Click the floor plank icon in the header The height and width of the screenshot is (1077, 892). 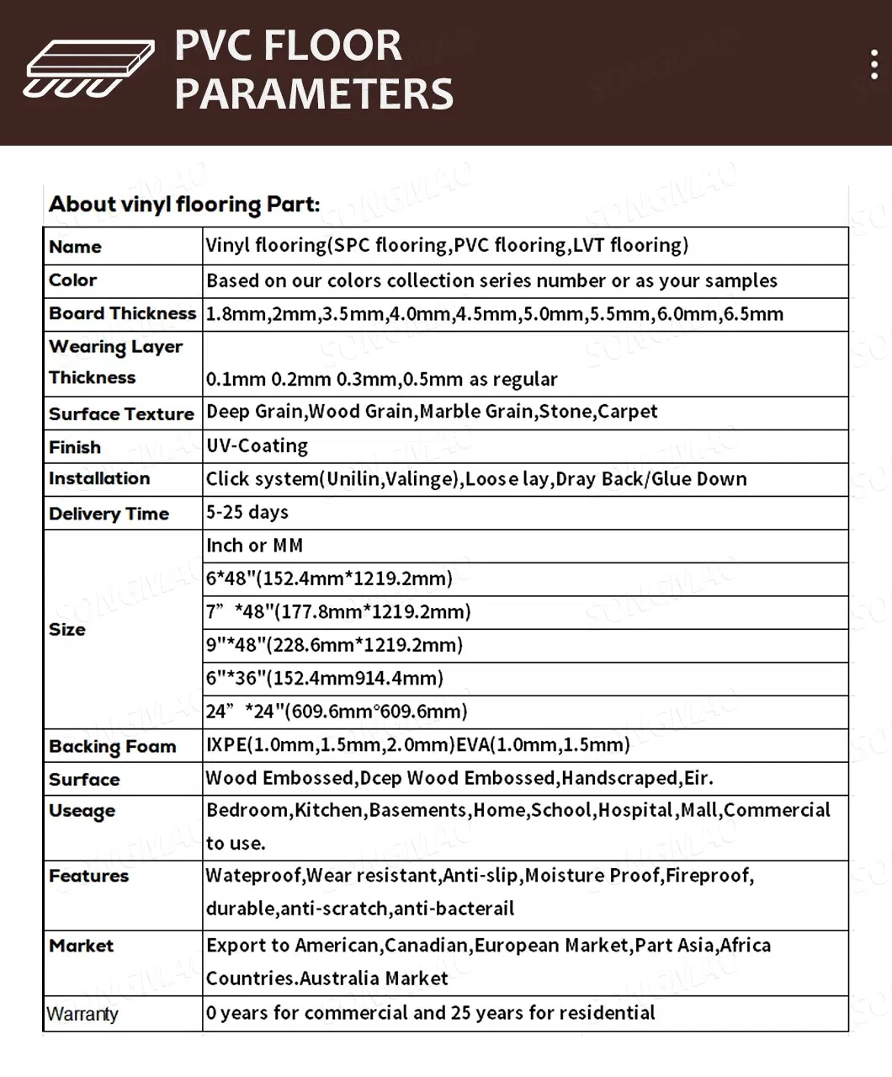pos(88,67)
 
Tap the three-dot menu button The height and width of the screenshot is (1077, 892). pos(874,65)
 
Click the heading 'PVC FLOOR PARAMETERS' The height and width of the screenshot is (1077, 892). pos(313,69)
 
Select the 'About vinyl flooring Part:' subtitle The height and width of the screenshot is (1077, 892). pos(184,204)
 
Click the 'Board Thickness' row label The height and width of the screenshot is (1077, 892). pos(122,313)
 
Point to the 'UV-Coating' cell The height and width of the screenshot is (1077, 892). pos(257,445)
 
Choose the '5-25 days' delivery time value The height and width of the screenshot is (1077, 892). pos(247,512)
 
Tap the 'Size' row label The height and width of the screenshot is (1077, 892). pos(67,629)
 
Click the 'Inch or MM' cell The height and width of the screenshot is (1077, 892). pos(254,546)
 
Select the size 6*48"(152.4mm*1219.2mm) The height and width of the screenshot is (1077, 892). pos(329,578)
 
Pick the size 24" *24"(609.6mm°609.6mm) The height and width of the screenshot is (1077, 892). pos(337,712)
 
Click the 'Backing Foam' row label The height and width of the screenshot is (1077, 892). pos(112,746)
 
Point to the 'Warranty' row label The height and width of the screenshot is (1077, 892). pos(82,1014)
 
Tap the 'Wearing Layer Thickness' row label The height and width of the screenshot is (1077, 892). pos(115,362)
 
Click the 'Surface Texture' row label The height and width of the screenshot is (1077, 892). pos(121,413)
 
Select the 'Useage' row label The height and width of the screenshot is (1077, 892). pos(82,811)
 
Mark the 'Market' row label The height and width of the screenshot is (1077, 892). pos(81,946)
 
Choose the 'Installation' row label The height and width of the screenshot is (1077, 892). pos(99,478)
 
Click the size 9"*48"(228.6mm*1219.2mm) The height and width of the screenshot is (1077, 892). pos(334,645)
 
